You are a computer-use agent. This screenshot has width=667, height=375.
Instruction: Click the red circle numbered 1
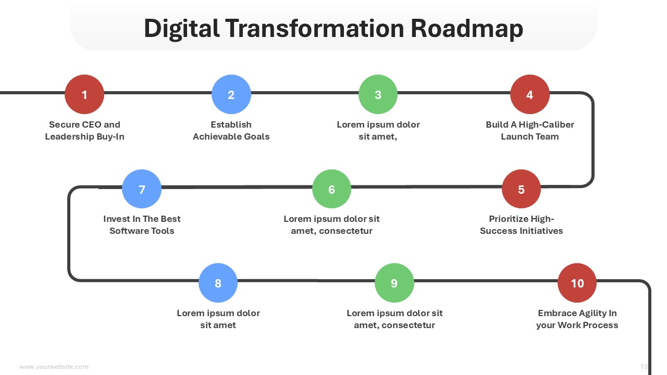click(84, 94)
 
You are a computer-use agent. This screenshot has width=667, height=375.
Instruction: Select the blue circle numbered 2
click(231, 94)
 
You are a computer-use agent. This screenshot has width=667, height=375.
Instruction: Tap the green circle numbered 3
click(378, 94)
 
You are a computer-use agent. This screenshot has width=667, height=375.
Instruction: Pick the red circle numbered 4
click(530, 94)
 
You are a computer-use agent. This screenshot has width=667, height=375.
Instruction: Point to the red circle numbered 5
click(521, 189)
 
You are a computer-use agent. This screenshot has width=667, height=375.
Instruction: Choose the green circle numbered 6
click(331, 189)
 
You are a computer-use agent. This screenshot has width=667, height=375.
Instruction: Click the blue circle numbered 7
click(142, 189)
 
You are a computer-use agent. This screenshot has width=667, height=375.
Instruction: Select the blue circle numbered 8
click(218, 283)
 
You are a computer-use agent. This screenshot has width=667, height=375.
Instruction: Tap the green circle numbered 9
click(394, 283)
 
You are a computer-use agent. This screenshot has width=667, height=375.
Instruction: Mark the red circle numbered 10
click(577, 283)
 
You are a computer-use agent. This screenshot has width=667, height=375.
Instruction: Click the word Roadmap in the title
click(466, 29)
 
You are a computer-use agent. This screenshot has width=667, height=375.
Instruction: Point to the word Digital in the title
click(182, 29)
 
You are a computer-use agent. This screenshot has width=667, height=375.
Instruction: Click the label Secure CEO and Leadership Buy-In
click(84, 130)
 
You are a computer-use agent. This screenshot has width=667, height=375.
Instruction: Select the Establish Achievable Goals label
click(231, 130)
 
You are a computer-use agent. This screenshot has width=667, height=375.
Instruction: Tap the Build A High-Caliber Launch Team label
click(530, 130)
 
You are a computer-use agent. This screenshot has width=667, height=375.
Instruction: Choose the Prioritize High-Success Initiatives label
click(521, 224)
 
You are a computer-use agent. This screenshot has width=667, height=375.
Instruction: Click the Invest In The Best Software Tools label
click(142, 224)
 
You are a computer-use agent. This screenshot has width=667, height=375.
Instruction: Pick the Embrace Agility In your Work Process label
click(577, 319)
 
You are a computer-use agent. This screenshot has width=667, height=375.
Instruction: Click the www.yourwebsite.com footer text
click(54, 367)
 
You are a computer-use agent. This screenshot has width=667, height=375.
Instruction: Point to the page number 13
click(644, 366)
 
